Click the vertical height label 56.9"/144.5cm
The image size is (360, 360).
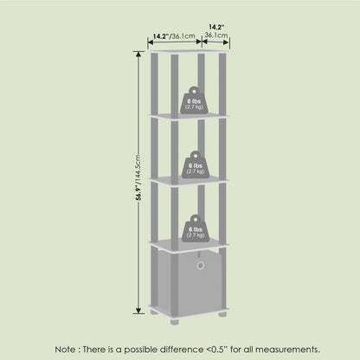138,177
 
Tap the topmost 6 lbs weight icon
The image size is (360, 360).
194,100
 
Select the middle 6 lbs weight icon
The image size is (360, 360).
196,164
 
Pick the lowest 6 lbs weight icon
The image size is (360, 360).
196,228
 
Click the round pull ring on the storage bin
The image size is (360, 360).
201,265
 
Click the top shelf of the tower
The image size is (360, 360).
189,52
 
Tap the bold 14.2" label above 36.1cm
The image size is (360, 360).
216,28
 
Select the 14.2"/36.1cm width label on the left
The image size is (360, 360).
174,36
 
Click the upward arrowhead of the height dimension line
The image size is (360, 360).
138,54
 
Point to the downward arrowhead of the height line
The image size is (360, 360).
138,311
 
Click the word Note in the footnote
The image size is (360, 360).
66,350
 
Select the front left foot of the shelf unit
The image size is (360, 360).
175,322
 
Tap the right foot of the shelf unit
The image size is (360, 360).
222,314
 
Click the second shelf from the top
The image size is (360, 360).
189,116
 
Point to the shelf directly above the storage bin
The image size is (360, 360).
189,246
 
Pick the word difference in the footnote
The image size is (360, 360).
182,350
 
